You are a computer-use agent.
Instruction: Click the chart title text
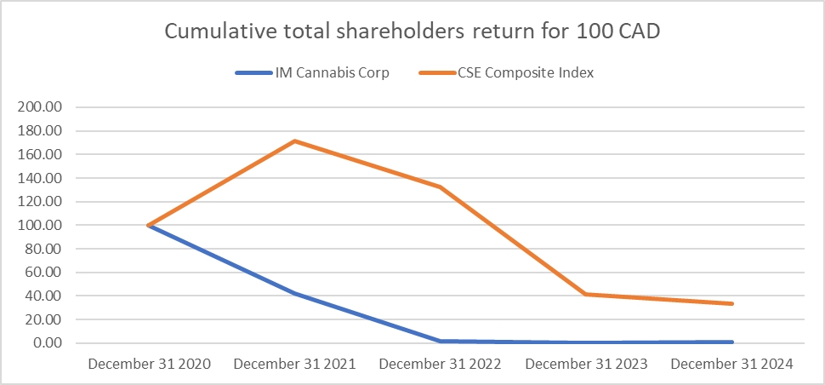(x=412, y=32)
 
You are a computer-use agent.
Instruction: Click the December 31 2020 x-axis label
(x=149, y=365)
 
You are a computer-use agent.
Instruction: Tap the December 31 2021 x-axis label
(x=294, y=365)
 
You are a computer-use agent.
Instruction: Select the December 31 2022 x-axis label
(x=441, y=365)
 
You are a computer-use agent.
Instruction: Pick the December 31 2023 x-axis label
(x=586, y=365)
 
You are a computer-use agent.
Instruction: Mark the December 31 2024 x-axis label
(x=731, y=365)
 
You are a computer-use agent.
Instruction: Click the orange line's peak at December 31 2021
(x=294, y=141)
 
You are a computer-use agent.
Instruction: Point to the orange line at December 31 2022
(x=441, y=187)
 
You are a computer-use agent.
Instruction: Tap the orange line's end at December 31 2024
(x=731, y=303)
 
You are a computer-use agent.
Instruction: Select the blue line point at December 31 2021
(x=294, y=293)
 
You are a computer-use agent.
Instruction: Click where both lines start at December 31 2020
(x=149, y=226)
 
